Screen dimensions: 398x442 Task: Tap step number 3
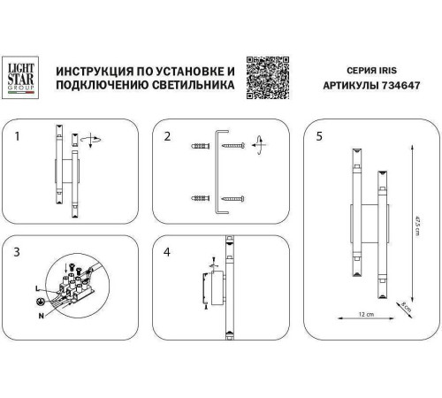pos(17,252)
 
